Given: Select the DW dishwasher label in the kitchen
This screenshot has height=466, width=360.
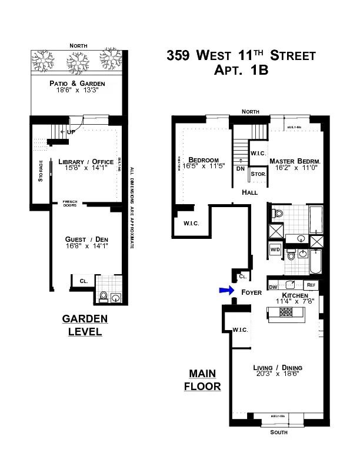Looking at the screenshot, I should click(x=273, y=287).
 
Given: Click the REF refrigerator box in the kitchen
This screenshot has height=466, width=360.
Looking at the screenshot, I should click(x=311, y=285).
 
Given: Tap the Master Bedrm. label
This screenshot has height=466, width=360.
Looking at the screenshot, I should click(x=294, y=161).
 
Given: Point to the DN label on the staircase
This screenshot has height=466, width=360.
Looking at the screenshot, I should click(x=241, y=168).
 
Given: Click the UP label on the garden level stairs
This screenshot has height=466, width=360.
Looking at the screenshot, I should click(x=72, y=132).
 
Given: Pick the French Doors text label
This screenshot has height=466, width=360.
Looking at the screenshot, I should click(x=70, y=204).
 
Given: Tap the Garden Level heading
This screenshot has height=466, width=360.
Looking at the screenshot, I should click(x=85, y=325).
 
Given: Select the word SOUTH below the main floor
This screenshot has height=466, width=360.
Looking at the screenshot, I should click(x=279, y=432).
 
